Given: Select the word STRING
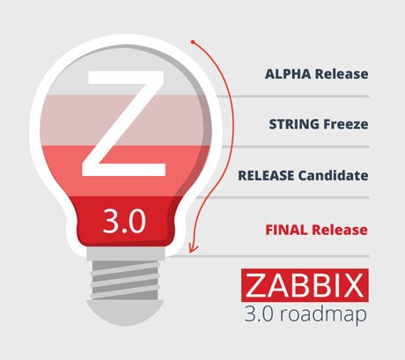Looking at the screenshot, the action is tap(294, 124).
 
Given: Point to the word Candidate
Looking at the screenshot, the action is tap(333, 175).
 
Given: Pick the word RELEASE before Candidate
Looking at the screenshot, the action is tap(266, 175).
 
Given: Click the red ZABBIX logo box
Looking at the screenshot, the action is tap(305, 285).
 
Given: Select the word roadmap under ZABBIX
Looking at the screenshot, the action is tap(323, 314).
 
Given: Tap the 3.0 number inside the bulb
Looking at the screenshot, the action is tap(124, 221).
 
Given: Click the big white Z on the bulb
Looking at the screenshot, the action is tap(124, 123).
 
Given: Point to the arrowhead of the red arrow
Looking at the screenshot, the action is tap(193, 248).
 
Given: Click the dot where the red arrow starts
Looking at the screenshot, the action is tap(193, 42).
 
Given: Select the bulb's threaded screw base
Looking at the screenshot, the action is tap(126, 279).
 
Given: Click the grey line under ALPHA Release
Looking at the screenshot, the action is tap(293, 96).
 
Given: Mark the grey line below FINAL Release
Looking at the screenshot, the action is tap(269, 256).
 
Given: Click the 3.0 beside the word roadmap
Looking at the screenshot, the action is tap(259, 314).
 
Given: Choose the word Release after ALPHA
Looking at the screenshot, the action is tap(342, 74).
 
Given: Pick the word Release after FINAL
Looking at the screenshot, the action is tap(340, 230).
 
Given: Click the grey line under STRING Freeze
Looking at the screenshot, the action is tap(295, 146).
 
